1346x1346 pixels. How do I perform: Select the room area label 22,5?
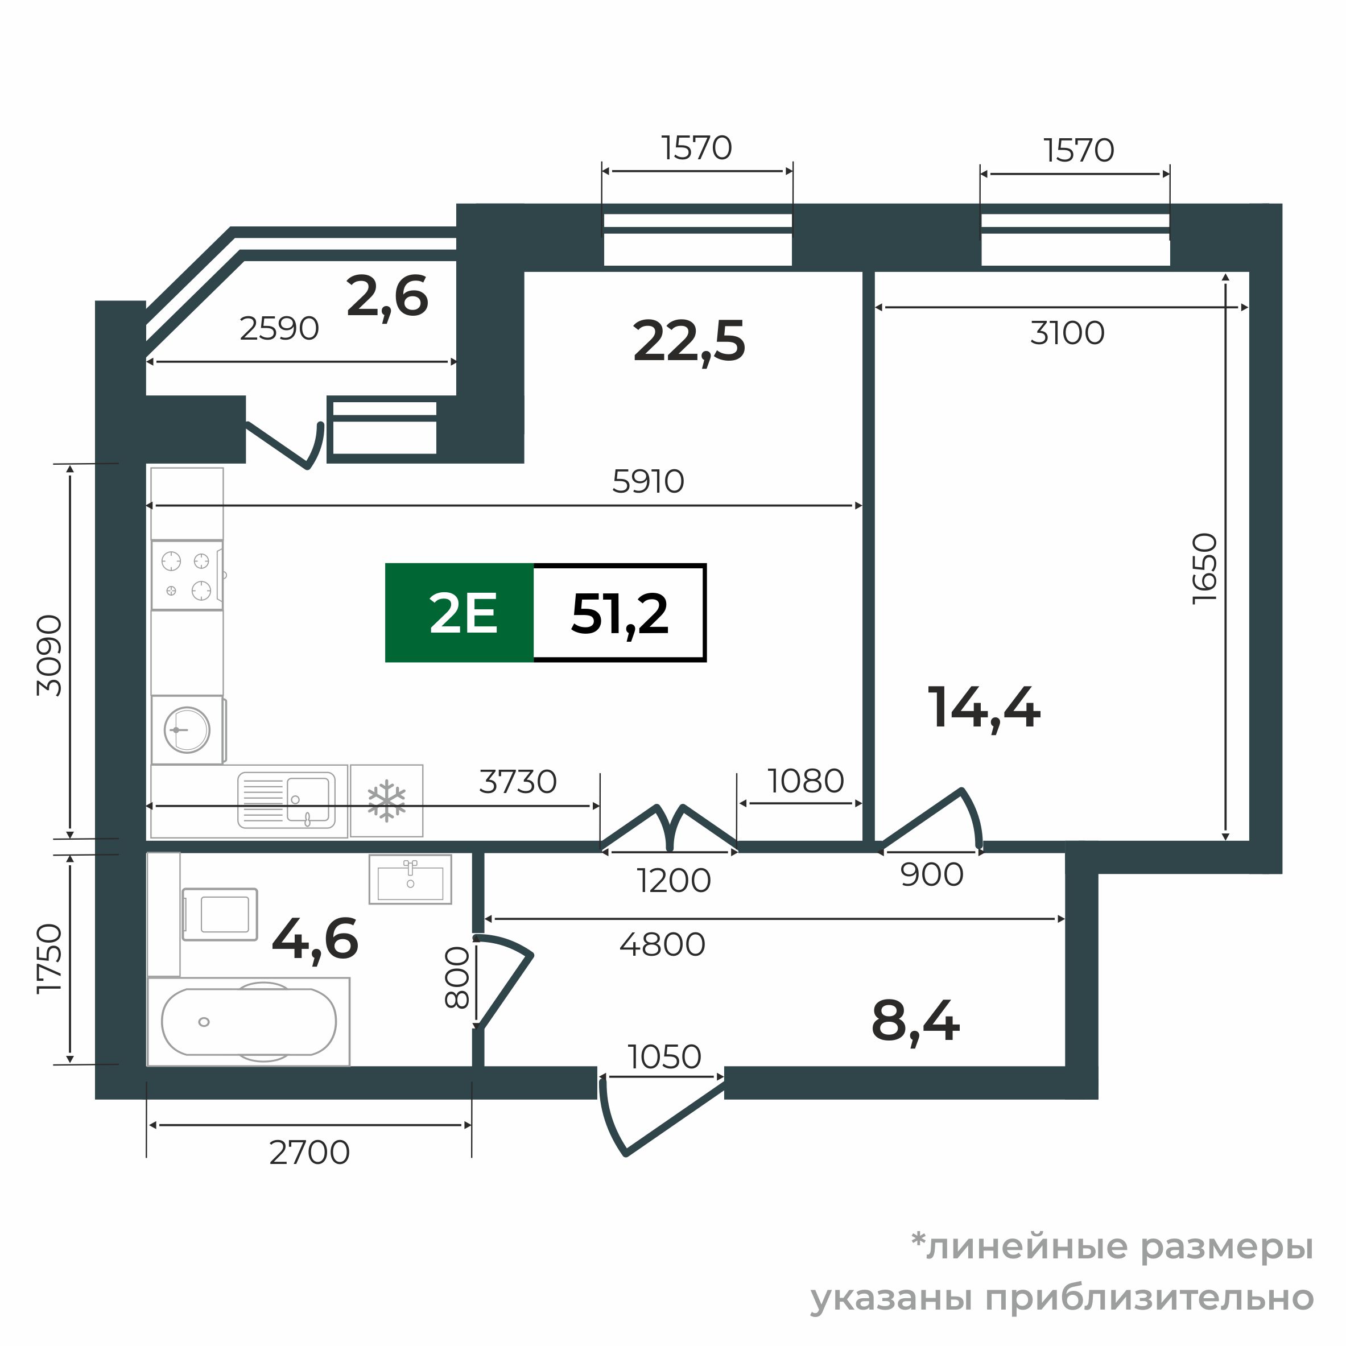click(x=688, y=341)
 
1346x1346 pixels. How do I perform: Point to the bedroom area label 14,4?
click(x=983, y=708)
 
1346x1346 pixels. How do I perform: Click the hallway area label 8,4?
click(x=915, y=1021)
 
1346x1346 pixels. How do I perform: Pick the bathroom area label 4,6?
click(x=315, y=939)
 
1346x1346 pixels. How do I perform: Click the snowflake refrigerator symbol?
click(x=387, y=800)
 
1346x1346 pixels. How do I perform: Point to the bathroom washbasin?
click(x=410, y=880)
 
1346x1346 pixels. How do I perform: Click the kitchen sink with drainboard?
click(x=286, y=799)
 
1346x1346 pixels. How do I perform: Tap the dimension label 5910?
click(x=648, y=481)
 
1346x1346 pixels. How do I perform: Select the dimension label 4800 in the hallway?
click(x=662, y=945)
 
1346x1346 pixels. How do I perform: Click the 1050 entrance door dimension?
click(x=664, y=1057)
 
